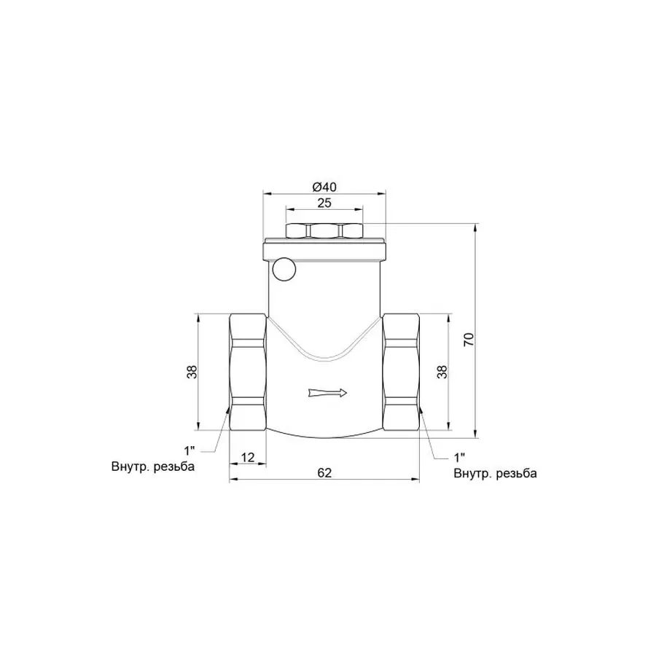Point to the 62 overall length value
(x=324, y=472)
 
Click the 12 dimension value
(x=247, y=457)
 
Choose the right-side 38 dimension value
(x=440, y=372)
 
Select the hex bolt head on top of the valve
(x=324, y=231)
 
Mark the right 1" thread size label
(x=459, y=458)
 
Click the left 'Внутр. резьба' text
(x=153, y=467)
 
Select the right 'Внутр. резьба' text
(x=495, y=474)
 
